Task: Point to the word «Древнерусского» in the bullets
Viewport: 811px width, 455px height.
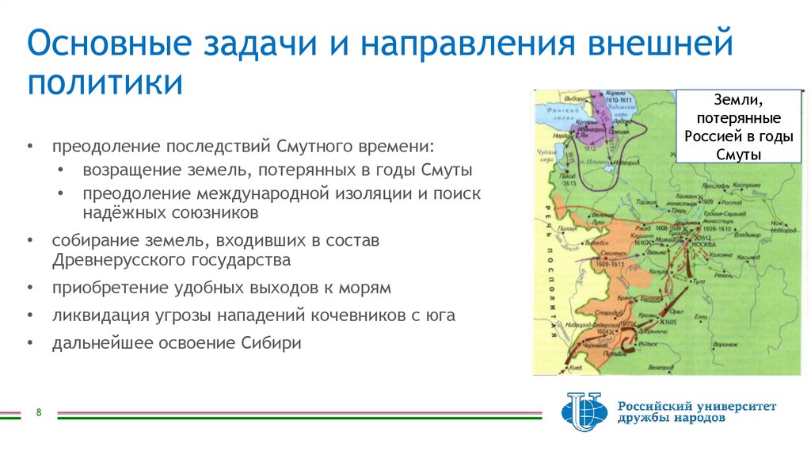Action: tap(118, 259)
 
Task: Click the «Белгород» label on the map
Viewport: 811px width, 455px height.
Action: tap(658, 368)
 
